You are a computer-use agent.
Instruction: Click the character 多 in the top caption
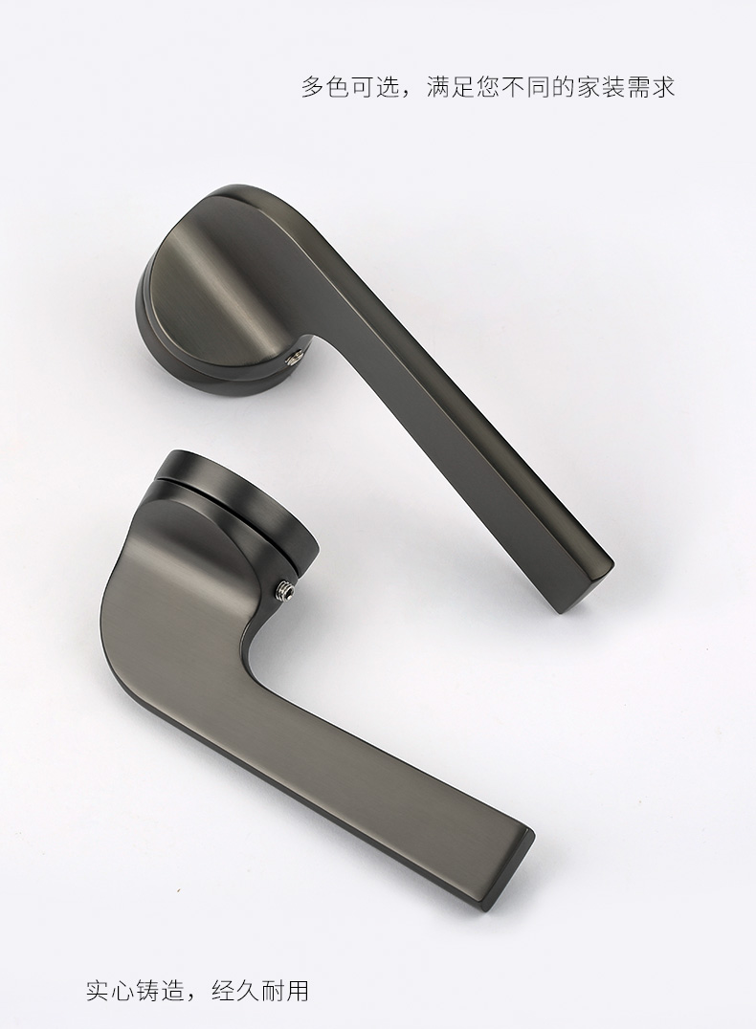[314, 87]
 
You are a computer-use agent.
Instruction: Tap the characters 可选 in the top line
[364, 87]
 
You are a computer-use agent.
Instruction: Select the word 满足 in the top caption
[452, 87]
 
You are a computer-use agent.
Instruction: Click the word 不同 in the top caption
[526, 87]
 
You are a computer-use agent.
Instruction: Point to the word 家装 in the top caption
[601, 87]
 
